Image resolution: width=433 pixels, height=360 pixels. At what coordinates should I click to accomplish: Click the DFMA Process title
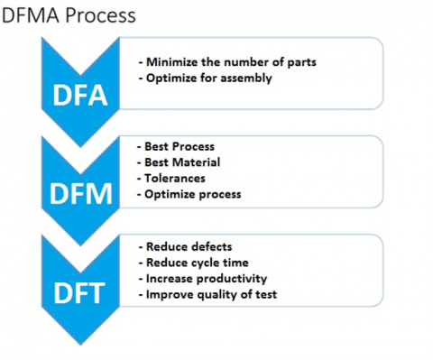(68, 15)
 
